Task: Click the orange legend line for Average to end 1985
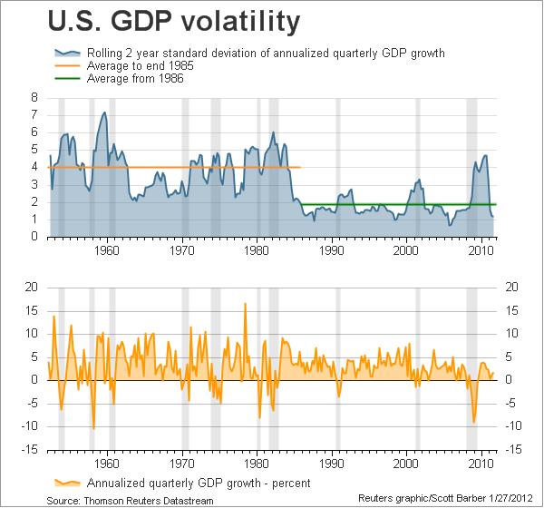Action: click(68, 66)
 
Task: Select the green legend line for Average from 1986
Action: click(68, 80)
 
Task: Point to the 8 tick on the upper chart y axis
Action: click(34, 97)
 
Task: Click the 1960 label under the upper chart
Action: click(107, 250)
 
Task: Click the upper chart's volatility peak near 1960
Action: click(105, 112)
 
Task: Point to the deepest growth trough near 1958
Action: click(93, 428)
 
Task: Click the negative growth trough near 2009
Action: click(473, 422)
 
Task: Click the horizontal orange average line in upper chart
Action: click(181, 167)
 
